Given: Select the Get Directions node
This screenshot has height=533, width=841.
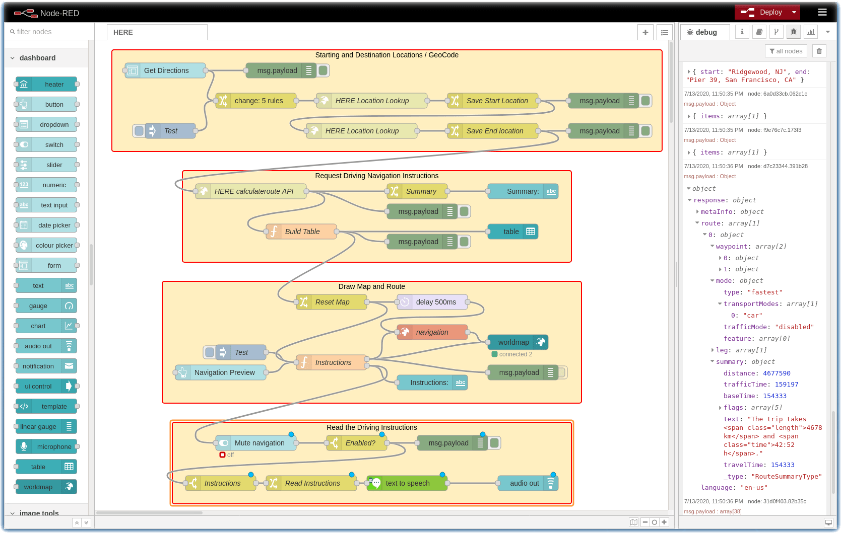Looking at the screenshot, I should tap(166, 70).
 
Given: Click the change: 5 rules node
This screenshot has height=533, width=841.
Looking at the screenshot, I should tap(258, 101).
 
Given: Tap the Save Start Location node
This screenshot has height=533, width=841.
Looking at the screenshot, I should tap(496, 101).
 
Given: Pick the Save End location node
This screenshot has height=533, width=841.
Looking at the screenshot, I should tap(494, 131).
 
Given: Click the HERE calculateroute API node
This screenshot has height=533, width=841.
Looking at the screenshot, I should tap(253, 191).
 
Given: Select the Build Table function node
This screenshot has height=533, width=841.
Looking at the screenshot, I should tap(302, 232).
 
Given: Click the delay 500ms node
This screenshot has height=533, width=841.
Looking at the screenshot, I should tap(435, 302).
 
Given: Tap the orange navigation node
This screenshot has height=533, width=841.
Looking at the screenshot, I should tap(432, 332).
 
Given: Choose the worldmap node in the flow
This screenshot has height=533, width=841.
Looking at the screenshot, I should tap(513, 342).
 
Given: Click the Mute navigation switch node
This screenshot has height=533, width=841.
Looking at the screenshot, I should tap(259, 443).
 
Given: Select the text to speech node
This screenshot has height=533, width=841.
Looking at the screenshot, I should tap(407, 483).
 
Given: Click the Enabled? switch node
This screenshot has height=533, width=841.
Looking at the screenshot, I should tap(360, 443).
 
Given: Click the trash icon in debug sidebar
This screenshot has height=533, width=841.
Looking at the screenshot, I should tap(819, 51).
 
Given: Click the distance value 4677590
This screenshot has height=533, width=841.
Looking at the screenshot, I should tap(777, 373).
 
